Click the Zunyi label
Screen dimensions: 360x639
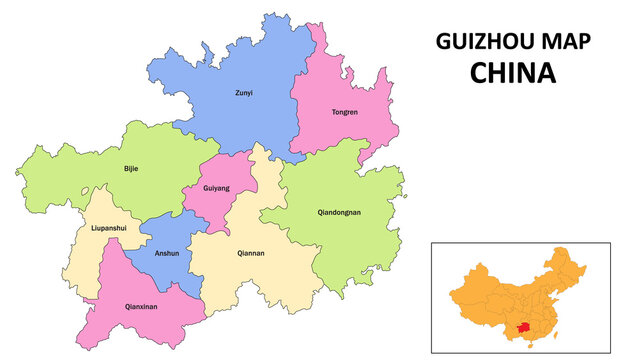(244, 93)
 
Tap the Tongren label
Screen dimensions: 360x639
(344, 112)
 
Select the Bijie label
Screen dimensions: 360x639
(131, 168)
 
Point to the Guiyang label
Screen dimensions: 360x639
(216, 188)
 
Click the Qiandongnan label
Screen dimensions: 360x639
(339, 212)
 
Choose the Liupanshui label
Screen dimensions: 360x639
(108, 228)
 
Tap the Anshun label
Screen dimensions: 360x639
(166, 253)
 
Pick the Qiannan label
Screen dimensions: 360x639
(251, 253)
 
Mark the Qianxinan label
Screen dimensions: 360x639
(141, 307)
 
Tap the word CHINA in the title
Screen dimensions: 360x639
(513, 73)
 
